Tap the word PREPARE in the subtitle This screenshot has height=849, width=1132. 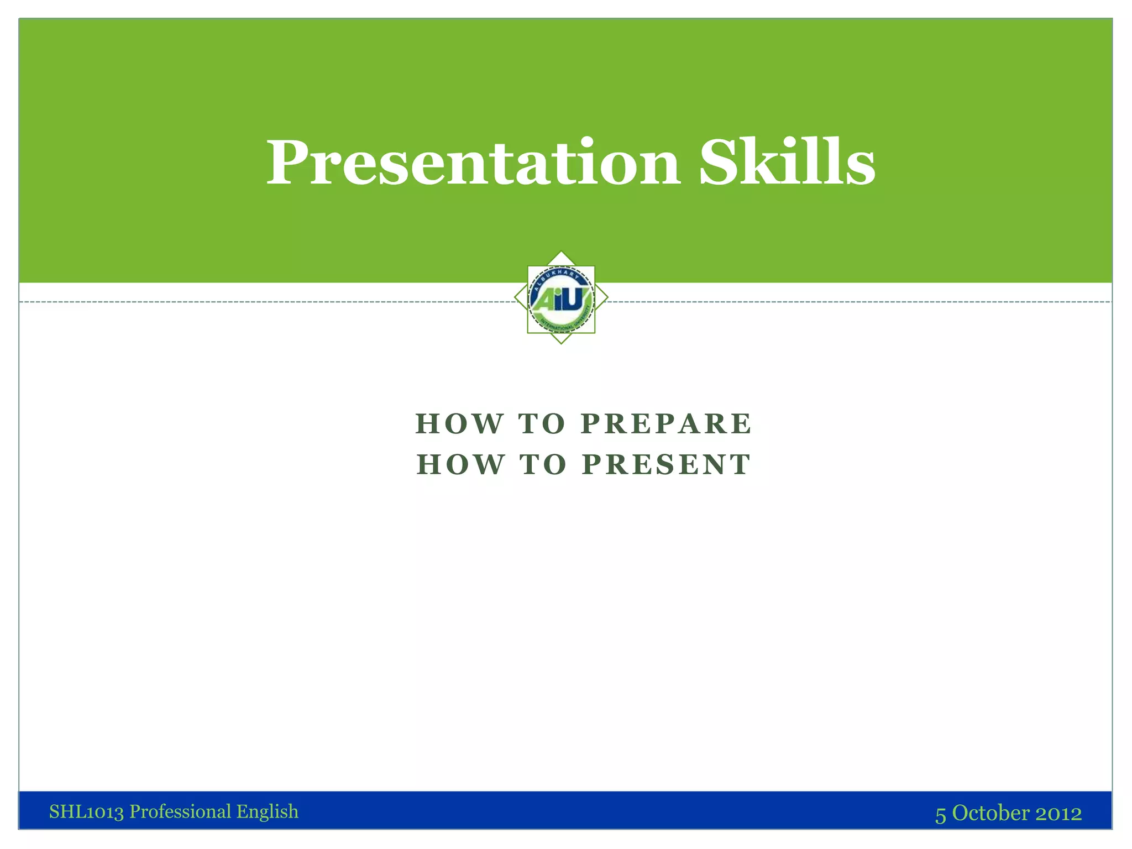667,424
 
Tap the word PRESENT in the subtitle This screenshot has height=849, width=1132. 667,464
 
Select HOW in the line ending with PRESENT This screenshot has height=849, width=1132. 459,464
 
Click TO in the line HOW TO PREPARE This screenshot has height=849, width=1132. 542,424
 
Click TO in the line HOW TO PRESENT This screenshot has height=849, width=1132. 543,464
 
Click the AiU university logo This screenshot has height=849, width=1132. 561,299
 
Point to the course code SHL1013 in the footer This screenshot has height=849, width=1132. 86,812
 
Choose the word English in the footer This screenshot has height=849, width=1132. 268,812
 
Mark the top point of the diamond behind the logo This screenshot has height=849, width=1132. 561,251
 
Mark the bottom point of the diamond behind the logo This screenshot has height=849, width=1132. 561,344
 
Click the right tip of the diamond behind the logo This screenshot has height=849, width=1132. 607,298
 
